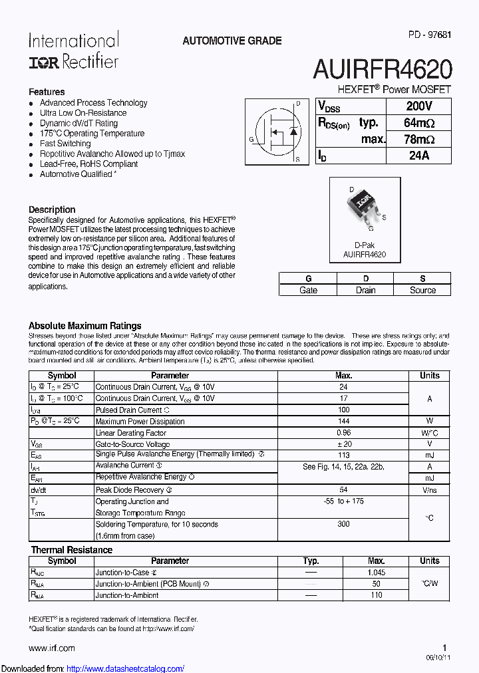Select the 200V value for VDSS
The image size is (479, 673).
click(x=418, y=106)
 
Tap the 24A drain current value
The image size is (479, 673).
click(x=418, y=156)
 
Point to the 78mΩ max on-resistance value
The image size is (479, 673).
click(x=418, y=139)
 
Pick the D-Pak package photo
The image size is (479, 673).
click(x=364, y=207)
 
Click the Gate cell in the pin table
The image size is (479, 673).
click(x=308, y=290)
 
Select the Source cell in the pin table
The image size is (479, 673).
click(x=422, y=290)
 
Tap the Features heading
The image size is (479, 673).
click(x=47, y=92)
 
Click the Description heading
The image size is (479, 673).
click(x=52, y=209)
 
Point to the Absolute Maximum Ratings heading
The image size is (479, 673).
click(x=85, y=326)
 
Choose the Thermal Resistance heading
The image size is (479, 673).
click(x=72, y=550)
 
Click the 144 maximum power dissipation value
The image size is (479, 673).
click(x=344, y=422)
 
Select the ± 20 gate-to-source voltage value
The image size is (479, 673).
click(x=344, y=444)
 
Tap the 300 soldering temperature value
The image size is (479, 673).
click(x=343, y=524)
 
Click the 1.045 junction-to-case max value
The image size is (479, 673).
click(x=377, y=573)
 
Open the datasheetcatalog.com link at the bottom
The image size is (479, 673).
click(x=126, y=669)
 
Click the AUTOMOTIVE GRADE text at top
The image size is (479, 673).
click(x=232, y=41)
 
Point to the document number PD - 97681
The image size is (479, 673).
click(x=430, y=35)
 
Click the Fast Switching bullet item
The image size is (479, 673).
click(x=65, y=144)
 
